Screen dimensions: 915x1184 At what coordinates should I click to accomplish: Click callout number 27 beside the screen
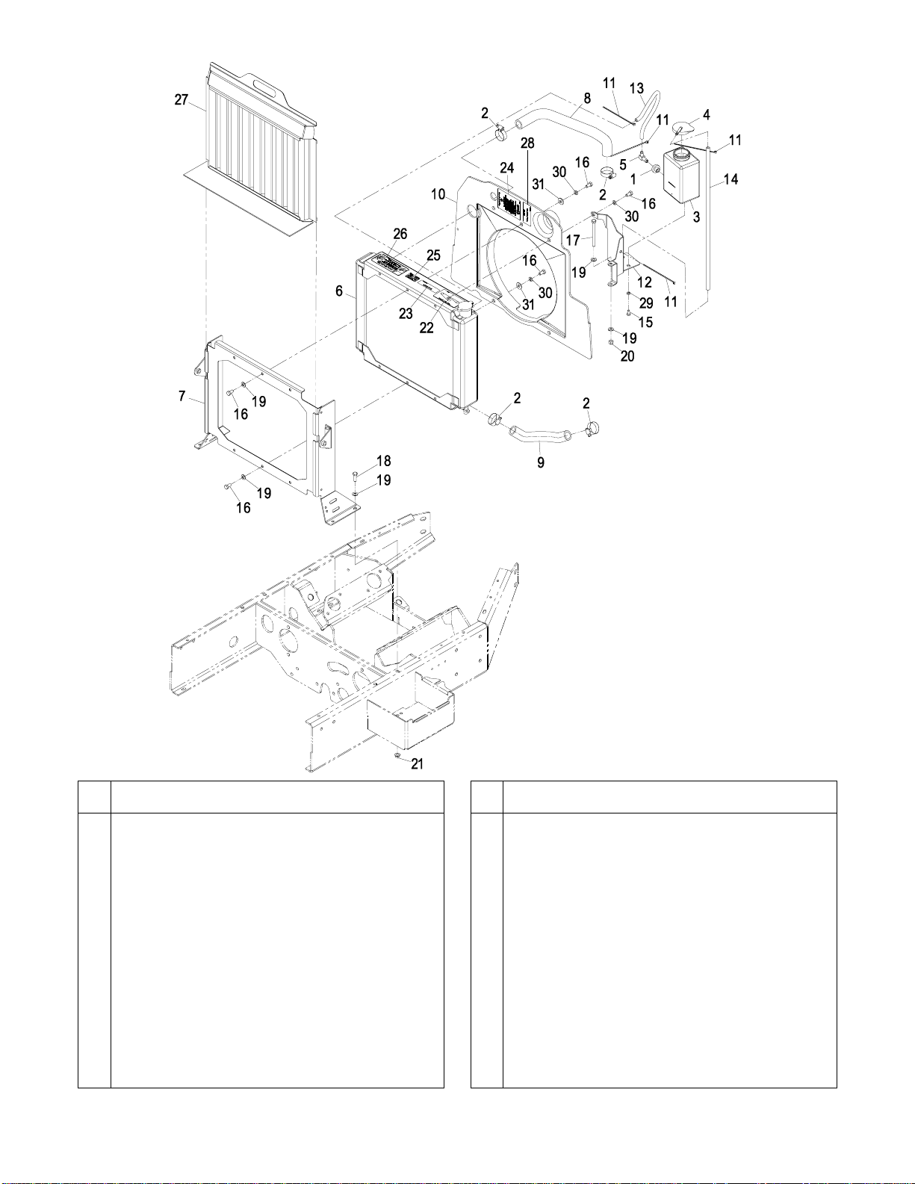(x=182, y=100)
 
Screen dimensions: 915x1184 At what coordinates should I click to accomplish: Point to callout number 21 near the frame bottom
(x=417, y=763)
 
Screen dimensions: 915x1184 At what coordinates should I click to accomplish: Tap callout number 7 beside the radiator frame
(x=182, y=396)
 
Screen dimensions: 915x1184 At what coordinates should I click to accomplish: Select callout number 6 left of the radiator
(x=340, y=291)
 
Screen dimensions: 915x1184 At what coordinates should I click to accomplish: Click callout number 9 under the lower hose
(x=541, y=463)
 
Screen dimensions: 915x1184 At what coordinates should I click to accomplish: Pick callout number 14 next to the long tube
(x=731, y=179)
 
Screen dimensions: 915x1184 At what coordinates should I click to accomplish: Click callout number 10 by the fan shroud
(x=438, y=194)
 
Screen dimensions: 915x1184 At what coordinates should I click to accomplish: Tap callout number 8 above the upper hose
(x=588, y=99)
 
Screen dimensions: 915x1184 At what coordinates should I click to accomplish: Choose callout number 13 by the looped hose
(x=636, y=89)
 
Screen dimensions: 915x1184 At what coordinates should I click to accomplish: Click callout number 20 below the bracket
(x=627, y=356)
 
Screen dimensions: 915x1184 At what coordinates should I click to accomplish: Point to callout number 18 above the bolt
(x=384, y=461)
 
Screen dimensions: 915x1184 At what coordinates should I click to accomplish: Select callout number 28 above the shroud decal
(x=527, y=143)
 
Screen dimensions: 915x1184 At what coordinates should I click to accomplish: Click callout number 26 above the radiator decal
(x=400, y=234)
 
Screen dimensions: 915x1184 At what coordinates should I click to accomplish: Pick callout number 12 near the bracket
(x=645, y=282)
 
